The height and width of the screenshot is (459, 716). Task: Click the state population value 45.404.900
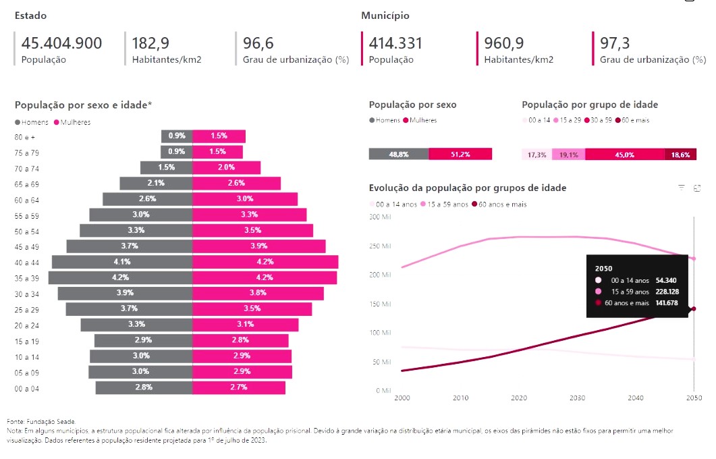tap(61, 44)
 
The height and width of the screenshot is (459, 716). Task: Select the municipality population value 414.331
tap(395, 44)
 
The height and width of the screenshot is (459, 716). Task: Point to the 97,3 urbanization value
tap(615, 44)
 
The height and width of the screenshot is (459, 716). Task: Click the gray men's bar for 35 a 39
tap(120, 277)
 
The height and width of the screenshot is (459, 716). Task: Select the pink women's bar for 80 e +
tap(219, 136)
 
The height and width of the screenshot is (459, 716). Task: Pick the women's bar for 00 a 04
tap(239, 387)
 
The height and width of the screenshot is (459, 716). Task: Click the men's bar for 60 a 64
tap(147, 198)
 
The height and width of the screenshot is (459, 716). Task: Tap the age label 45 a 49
tap(27, 246)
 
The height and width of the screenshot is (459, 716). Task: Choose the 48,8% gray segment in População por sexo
tap(398, 154)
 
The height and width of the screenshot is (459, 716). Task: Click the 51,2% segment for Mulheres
tap(460, 154)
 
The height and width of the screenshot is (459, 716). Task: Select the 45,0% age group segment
tap(624, 155)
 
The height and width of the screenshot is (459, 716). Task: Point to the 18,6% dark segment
tap(680, 155)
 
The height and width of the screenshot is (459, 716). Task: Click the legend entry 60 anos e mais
tap(502, 204)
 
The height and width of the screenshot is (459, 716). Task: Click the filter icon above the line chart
tap(682, 188)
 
